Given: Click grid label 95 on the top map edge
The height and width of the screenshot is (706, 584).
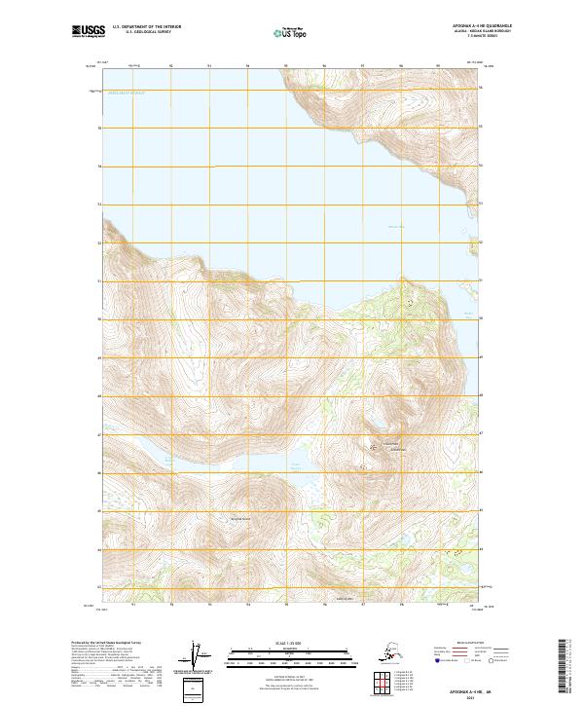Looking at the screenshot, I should [285, 66].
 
